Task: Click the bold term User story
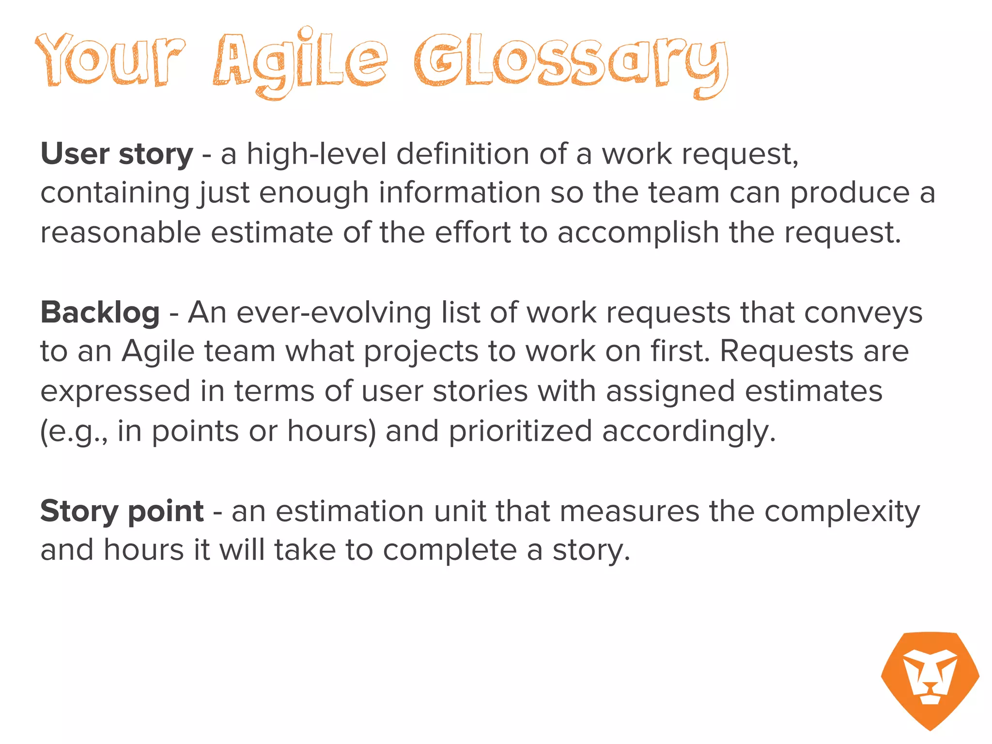tap(117, 154)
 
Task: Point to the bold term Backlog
tap(100, 312)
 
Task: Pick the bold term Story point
tap(122, 511)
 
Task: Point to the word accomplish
tap(638, 233)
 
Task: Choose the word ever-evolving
tap(334, 312)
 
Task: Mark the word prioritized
tap(520, 431)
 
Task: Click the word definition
tap(463, 154)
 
